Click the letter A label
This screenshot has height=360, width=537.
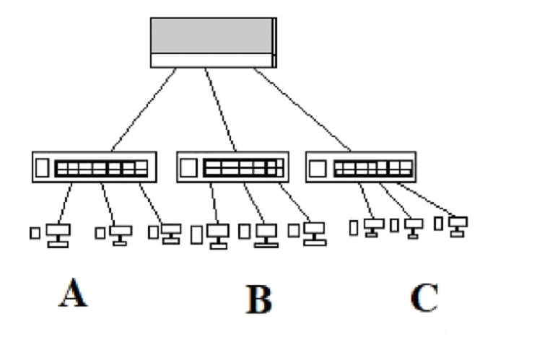point(73,294)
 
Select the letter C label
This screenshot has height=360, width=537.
point(424,298)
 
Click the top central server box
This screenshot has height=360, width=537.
point(212,42)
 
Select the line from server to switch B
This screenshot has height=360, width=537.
point(222,110)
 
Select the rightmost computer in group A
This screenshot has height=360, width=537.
point(170,234)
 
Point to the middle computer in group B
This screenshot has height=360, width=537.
point(266,235)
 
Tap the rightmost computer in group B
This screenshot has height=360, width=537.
point(313,233)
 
